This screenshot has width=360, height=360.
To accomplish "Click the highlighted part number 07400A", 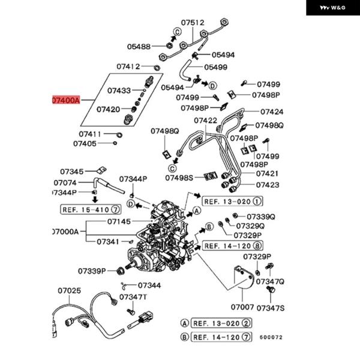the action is [66, 100].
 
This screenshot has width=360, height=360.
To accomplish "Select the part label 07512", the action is [193, 23].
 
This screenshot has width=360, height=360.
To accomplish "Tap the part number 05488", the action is [139, 47].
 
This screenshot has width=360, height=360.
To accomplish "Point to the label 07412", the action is [128, 67].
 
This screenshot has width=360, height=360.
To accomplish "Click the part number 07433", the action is [119, 91].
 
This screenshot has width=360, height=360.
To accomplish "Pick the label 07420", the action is [108, 109].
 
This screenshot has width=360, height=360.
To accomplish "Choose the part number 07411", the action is [90, 134].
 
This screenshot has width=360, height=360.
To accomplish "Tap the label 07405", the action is [85, 144].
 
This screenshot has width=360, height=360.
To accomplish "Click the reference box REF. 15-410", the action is [91, 209].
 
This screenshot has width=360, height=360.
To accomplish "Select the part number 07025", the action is [70, 290].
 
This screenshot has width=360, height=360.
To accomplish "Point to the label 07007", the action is [242, 307].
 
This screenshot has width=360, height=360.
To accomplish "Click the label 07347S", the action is [270, 308].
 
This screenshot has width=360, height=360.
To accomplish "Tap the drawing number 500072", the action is [271, 337].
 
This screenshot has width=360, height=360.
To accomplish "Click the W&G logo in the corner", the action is [332, 8].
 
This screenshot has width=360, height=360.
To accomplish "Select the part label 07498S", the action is [179, 178].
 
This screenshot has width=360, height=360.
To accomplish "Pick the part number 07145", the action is [119, 221].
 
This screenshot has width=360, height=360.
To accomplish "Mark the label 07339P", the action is [92, 271].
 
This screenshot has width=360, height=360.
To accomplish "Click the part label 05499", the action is [215, 67].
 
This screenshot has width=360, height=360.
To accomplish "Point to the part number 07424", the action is [272, 112].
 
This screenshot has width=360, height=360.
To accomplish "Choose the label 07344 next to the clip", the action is [149, 286].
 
